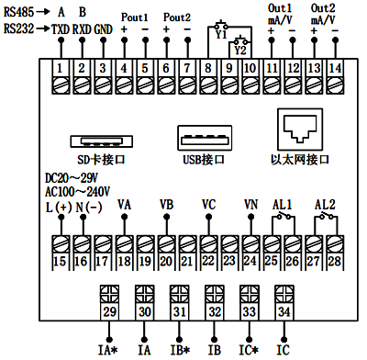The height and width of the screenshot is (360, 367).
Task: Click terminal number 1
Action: (x=60, y=69)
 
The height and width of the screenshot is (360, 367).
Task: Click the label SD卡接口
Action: (x=103, y=159)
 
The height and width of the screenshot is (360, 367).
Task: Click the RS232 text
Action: (x=18, y=28)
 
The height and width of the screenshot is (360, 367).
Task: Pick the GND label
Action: (x=104, y=28)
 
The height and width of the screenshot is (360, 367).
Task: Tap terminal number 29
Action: (x=109, y=312)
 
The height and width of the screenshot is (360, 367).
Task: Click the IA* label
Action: (x=109, y=350)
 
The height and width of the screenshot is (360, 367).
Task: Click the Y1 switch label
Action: (x=220, y=35)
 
